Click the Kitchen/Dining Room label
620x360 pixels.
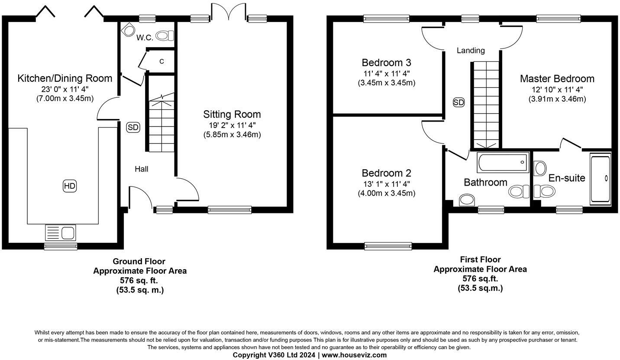[65, 78]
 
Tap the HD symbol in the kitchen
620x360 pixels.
[69, 186]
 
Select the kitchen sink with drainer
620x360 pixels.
[60, 233]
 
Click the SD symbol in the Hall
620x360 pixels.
[133, 127]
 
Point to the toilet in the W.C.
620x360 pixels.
[165, 35]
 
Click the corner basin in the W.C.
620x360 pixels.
[128, 30]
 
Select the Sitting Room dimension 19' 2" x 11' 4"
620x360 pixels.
[232, 125]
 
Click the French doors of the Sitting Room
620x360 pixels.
[229, 12]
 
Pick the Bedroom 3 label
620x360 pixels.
[386, 63]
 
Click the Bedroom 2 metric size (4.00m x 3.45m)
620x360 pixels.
[387, 193]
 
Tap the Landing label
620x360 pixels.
[471, 50]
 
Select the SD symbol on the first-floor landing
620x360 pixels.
[459, 103]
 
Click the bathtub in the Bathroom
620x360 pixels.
[503, 162]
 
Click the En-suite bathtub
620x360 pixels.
[600, 179]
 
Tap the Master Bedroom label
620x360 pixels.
[557, 79]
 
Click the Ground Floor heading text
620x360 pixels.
[139, 261]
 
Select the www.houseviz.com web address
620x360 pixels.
[354, 355]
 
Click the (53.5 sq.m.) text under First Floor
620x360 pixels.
[480, 288]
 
